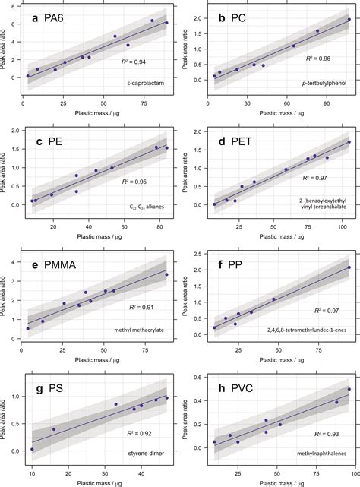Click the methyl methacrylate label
138,330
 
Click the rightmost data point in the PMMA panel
166,275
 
